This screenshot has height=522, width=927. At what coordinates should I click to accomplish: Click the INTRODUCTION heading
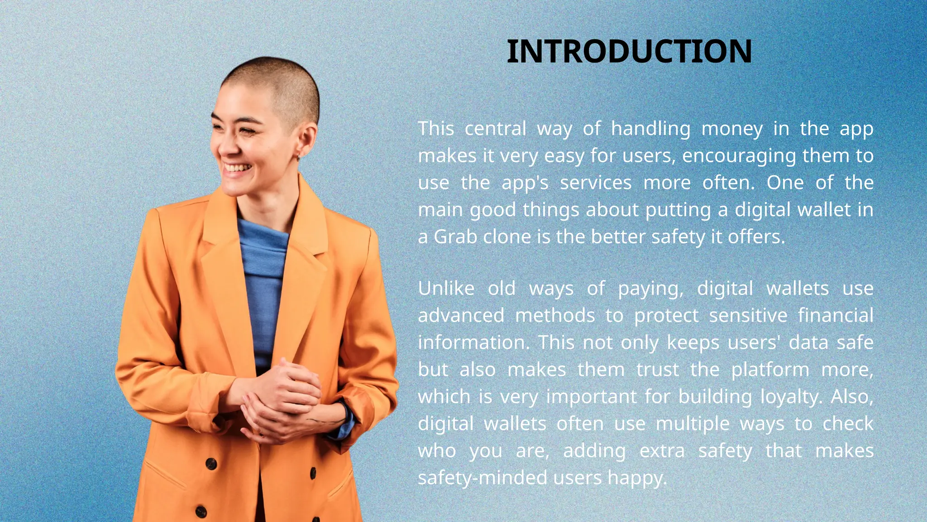tap(629, 51)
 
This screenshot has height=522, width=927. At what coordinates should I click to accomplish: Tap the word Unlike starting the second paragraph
tap(446, 289)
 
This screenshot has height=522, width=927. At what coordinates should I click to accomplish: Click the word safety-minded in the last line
tap(482, 478)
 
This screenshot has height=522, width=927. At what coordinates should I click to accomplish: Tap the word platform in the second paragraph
tap(770, 370)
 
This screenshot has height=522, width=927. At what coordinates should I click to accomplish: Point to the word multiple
tap(692, 424)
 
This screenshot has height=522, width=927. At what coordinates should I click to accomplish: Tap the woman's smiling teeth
tap(237, 168)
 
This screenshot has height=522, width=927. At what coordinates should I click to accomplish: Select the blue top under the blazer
tap(263, 272)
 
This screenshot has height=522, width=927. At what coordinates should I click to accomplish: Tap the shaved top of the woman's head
tap(272, 72)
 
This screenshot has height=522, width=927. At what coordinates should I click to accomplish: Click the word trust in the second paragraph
tap(657, 370)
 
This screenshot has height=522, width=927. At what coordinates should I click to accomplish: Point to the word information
tap(473, 343)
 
